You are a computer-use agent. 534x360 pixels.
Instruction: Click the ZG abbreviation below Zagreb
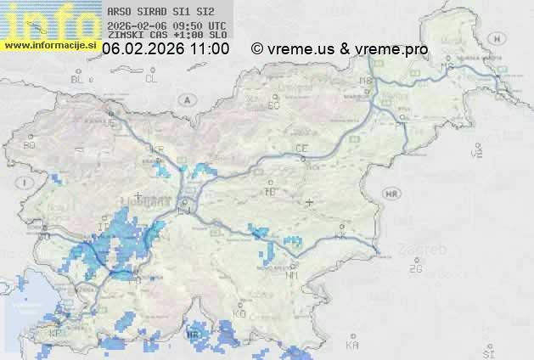[415, 269]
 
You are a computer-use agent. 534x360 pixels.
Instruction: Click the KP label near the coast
[55, 334]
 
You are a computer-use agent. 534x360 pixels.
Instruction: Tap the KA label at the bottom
[352, 346]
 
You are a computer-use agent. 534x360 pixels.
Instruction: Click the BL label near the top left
[77, 79]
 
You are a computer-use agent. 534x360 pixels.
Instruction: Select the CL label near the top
[151, 79]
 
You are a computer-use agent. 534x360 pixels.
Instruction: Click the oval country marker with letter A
[186, 100]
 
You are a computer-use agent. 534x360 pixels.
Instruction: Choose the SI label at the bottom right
[487, 351]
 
